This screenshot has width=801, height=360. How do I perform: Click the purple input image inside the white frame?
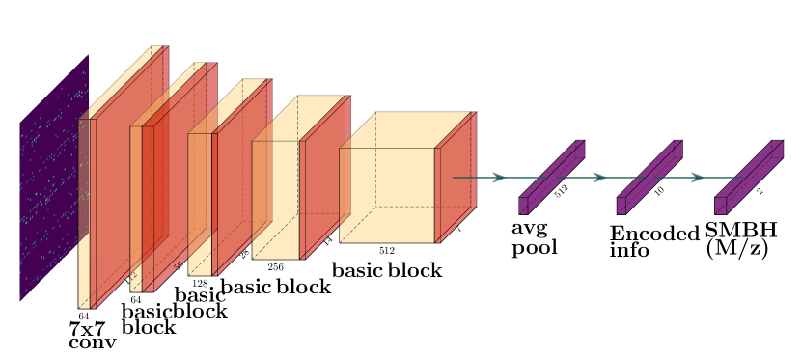click(x=54, y=179)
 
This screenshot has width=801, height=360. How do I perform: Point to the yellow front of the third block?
click(x=200, y=203)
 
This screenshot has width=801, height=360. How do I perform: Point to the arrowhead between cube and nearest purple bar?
click(x=499, y=178)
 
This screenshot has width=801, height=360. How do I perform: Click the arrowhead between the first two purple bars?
click(x=599, y=178)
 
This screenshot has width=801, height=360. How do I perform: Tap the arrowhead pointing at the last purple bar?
click(x=698, y=178)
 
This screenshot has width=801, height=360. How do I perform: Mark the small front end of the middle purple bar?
click(x=621, y=206)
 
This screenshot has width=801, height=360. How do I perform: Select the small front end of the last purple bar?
click(x=720, y=206)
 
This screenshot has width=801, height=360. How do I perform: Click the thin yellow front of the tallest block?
click(x=85, y=212)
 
